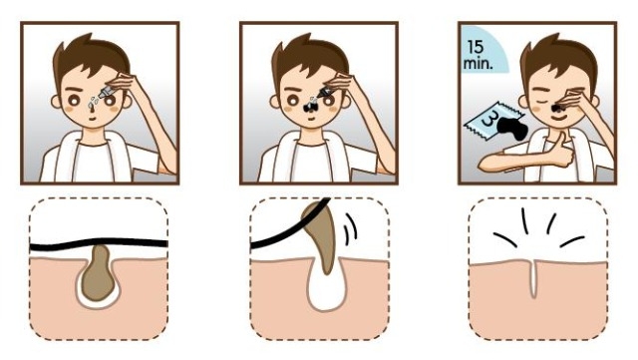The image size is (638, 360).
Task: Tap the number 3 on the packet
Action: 489,121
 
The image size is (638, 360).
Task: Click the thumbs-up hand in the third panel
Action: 562,151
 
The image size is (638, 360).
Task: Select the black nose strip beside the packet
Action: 513,128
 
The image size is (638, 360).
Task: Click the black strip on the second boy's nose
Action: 311,107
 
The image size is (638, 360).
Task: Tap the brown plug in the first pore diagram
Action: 98,273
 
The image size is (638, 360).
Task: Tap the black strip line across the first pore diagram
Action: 99,243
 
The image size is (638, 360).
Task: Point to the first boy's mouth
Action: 93,119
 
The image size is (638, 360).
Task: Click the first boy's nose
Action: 92,106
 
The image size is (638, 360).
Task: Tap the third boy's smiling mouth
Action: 557,118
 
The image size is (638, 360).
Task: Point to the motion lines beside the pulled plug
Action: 350,229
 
